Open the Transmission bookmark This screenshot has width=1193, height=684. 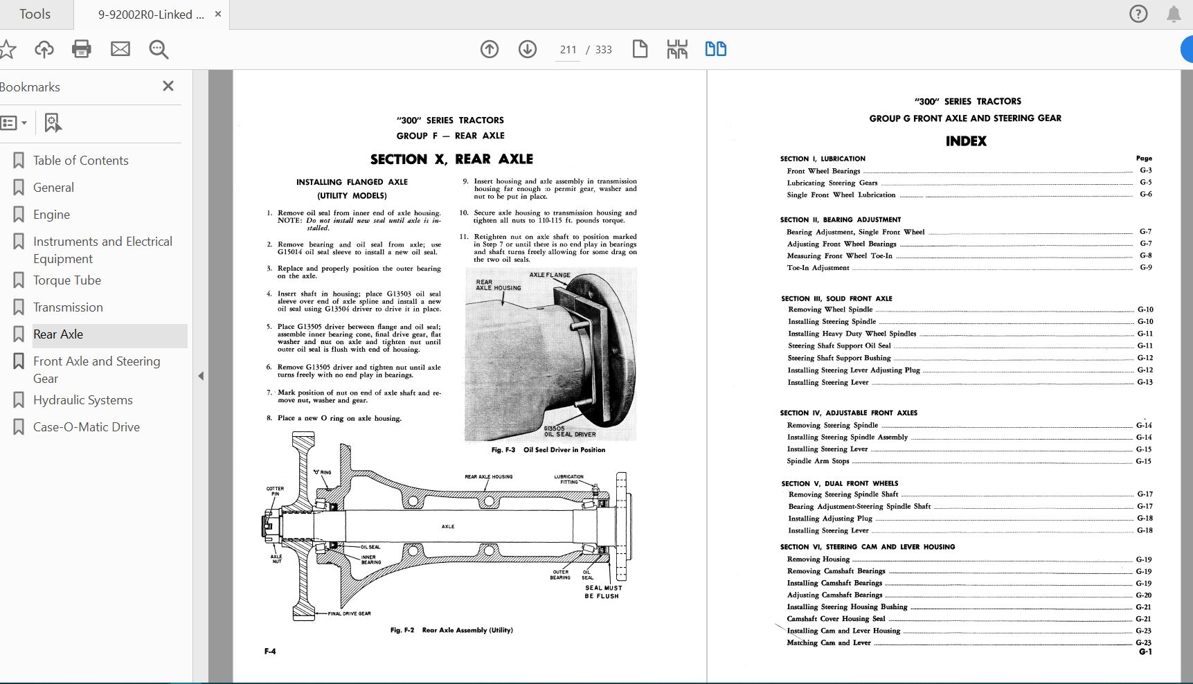[x=68, y=307]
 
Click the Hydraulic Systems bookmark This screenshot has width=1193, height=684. [x=82, y=400]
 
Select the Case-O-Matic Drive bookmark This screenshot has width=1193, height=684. [x=86, y=427]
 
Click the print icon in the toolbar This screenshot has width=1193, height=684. [x=82, y=49]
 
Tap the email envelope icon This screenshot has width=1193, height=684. [x=120, y=49]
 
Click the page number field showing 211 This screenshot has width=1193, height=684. [x=568, y=50]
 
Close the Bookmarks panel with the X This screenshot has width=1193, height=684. [x=168, y=87]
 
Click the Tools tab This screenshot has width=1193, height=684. [x=35, y=15]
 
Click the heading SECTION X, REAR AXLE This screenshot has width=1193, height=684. [x=451, y=159]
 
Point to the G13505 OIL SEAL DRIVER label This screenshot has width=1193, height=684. [x=569, y=431]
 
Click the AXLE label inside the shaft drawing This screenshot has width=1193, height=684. [x=448, y=527]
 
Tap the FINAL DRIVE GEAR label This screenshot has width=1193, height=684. [x=349, y=613]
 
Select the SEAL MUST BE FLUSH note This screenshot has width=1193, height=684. [x=602, y=592]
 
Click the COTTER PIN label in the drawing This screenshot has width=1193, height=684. [x=275, y=491]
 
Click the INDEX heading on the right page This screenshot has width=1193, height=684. [x=966, y=141]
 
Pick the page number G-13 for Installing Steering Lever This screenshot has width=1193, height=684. [x=1145, y=382]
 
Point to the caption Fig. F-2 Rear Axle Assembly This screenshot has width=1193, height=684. [x=451, y=630]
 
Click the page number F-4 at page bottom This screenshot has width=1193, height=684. [x=270, y=651]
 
